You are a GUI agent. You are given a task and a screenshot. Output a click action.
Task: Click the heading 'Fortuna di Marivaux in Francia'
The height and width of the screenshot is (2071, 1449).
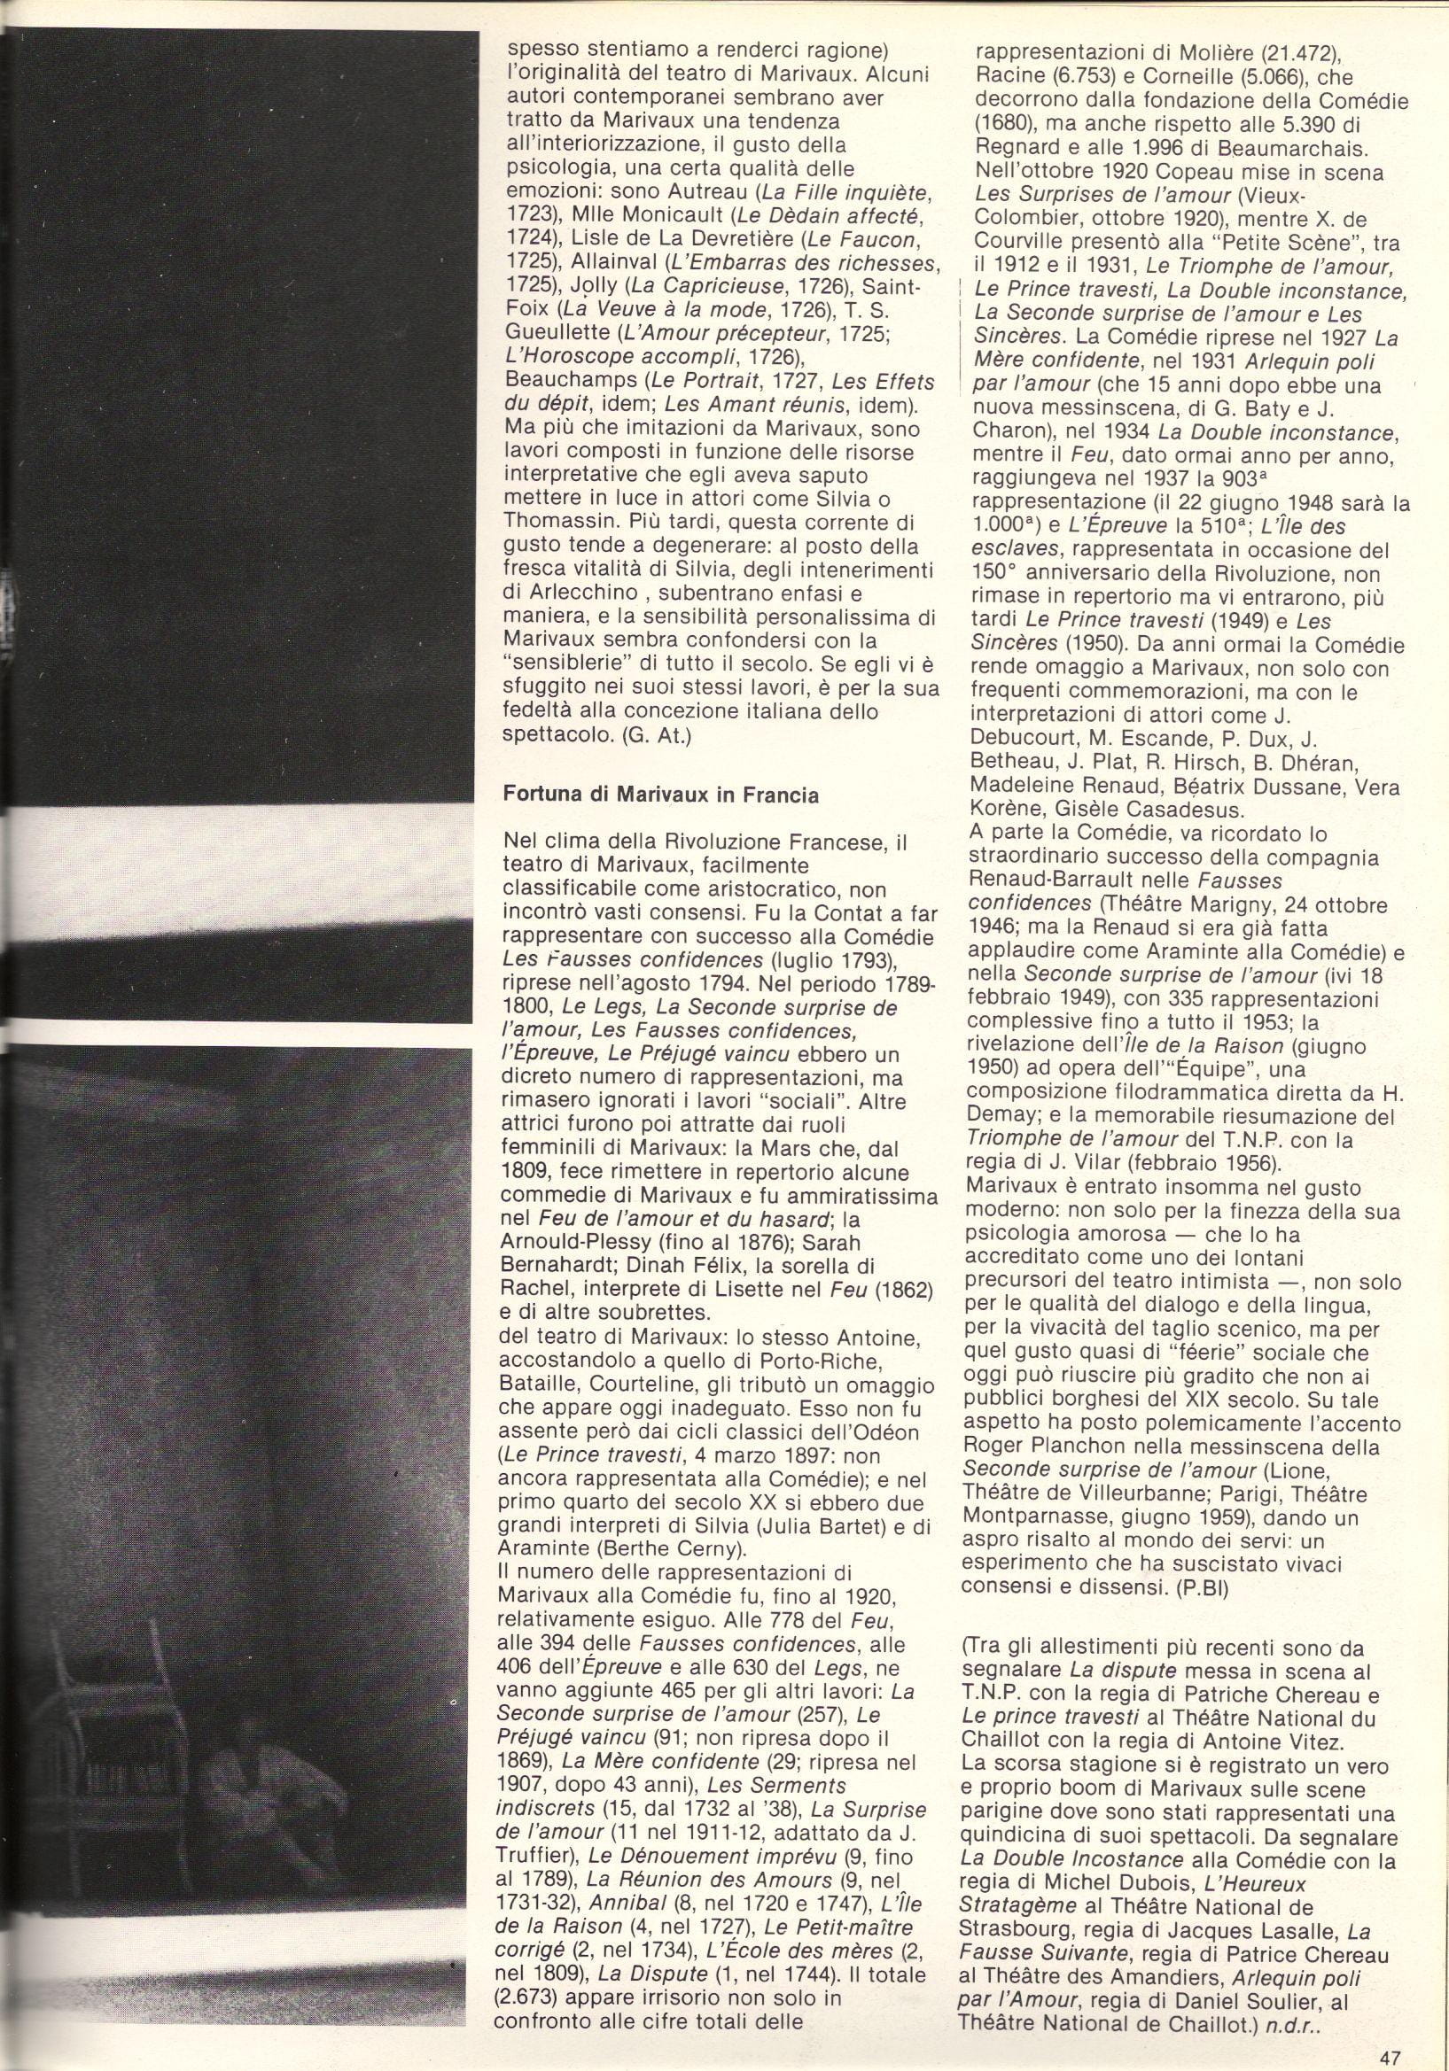click(660, 796)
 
